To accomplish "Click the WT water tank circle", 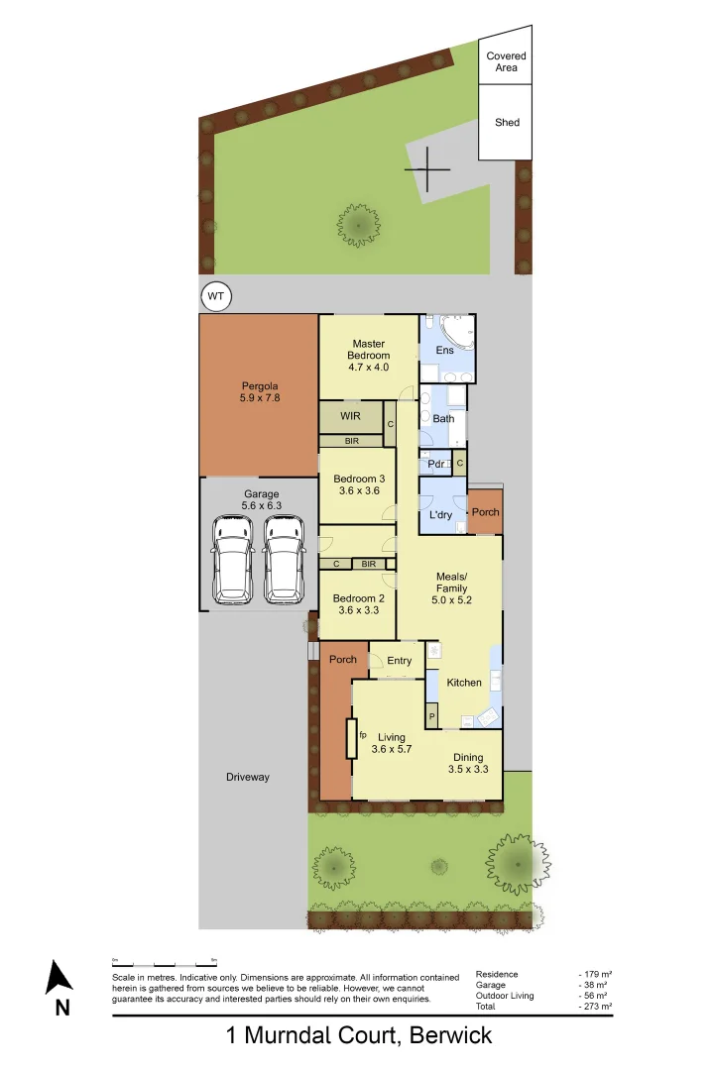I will pyautogui.click(x=214, y=296).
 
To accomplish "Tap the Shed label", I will pyautogui.click(x=507, y=123).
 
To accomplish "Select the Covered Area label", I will pyautogui.click(x=506, y=62).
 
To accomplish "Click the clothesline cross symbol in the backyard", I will pyautogui.click(x=428, y=169).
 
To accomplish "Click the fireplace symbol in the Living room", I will pyautogui.click(x=351, y=738).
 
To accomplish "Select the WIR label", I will pyautogui.click(x=350, y=416).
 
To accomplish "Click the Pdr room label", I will pyautogui.click(x=434, y=464).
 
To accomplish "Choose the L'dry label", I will pyautogui.click(x=440, y=515).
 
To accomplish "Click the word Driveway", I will pyautogui.click(x=247, y=777).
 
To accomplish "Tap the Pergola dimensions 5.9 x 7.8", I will pyautogui.click(x=259, y=397).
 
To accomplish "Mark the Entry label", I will pyautogui.click(x=400, y=661).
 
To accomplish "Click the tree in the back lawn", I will pyautogui.click(x=358, y=224).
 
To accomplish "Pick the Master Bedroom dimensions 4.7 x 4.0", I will pyautogui.click(x=368, y=367).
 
